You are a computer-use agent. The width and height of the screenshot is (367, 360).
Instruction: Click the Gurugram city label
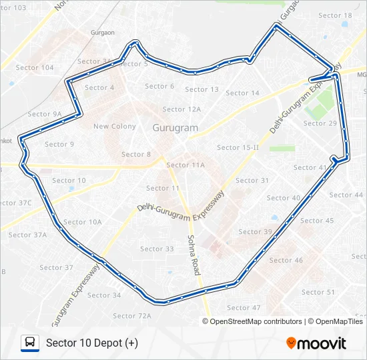coord(176,127)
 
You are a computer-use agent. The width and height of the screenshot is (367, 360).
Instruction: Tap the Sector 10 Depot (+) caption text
coord(92,343)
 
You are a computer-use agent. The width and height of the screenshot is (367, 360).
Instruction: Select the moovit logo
coord(316,343)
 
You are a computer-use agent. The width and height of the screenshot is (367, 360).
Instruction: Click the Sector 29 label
coord(320,123)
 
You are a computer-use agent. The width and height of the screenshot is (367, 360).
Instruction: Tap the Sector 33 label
coord(157,249)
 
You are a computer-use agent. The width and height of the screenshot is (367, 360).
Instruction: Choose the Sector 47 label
coord(244,308)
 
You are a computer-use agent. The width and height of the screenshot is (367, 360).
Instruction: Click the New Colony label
coord(115,127)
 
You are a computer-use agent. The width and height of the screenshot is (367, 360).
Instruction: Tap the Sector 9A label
coord(45,115)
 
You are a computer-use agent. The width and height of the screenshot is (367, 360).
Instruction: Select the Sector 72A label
coord(132,316)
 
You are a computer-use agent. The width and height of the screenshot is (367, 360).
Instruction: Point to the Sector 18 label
coord(335,15)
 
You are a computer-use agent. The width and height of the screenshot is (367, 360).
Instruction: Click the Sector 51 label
coord(318,293)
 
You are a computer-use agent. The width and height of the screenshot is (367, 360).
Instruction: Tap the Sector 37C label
coord(16,203)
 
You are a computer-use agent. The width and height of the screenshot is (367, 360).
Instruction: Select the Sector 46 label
coord(286,261)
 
